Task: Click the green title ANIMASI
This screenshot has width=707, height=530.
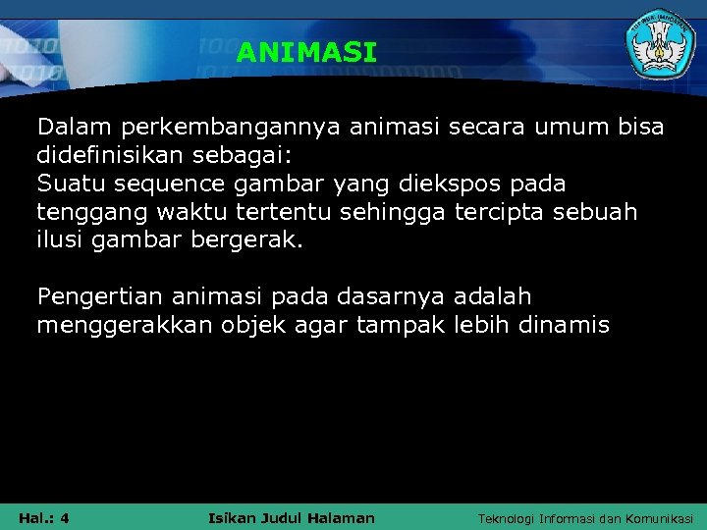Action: [305, 53]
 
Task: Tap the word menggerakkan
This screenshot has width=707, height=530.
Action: [120, 325]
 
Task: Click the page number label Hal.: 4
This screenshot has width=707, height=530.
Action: [43, 517]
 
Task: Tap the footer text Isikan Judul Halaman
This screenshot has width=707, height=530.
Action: [292, 517]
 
